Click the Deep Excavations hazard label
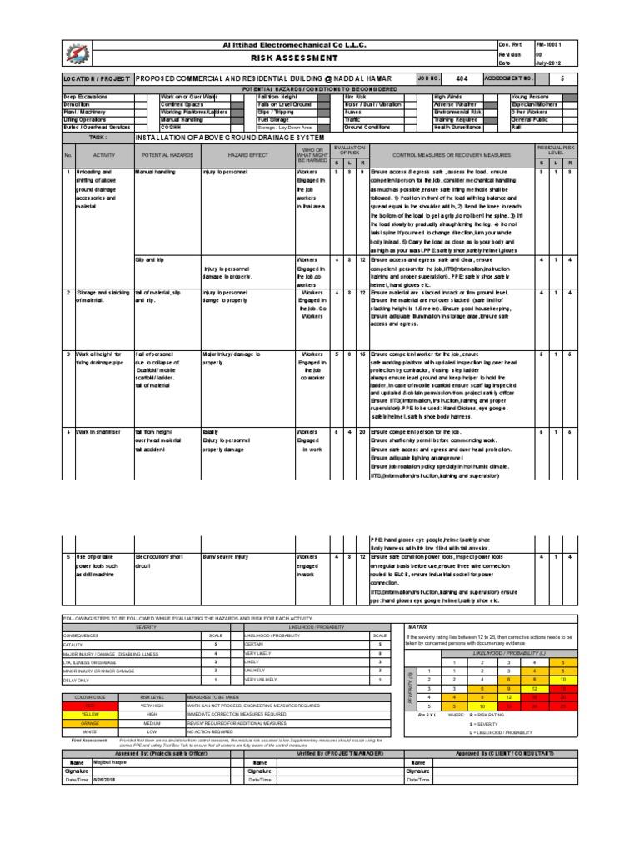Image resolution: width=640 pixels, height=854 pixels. [x=87, y=98]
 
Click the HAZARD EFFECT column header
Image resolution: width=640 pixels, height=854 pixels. [x=245, y=155]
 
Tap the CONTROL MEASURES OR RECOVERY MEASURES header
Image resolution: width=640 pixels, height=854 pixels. [x=451, y=155]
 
